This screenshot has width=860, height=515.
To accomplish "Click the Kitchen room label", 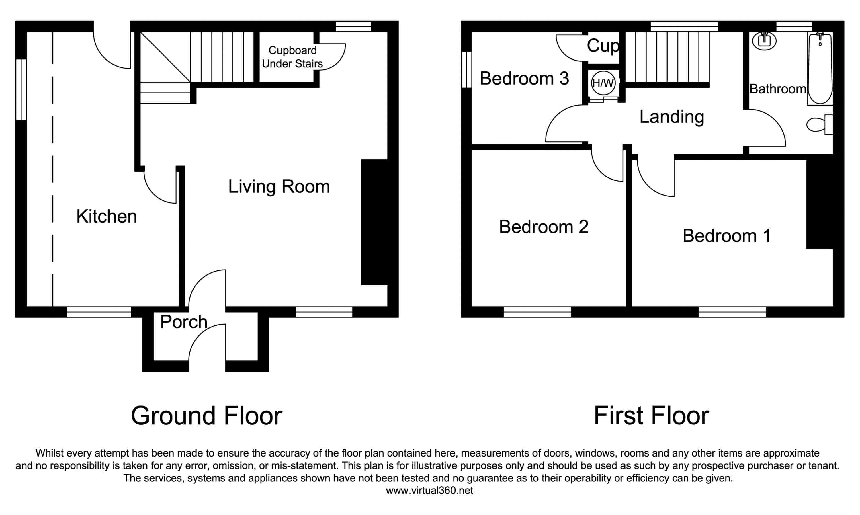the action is click(107, 216).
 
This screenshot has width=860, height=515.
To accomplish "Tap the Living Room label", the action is click(279, 186).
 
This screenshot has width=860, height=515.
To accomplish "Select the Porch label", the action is click(183, 322).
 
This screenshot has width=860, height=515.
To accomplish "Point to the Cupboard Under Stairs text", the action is click(292, 57).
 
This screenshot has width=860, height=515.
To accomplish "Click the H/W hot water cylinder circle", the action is click(603, 83).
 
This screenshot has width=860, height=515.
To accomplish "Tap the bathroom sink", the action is click(764, 41).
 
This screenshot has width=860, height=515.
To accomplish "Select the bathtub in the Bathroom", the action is click(820, 69).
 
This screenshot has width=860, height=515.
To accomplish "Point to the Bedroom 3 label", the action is click(524, 79).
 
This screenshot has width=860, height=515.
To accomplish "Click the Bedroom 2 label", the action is click(544, 227).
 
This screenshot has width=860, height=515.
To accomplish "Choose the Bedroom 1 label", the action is click(727, 236).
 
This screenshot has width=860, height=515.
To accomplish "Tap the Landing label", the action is click(672, 117).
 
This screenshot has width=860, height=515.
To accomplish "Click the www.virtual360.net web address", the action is click(429, 490).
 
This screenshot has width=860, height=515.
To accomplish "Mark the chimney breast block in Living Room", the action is click(375, 222).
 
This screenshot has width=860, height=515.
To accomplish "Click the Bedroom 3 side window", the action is click(467, 69).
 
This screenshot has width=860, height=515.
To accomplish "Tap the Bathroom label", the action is click(777, 89).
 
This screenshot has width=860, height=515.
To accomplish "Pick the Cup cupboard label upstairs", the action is click(603, 46).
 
